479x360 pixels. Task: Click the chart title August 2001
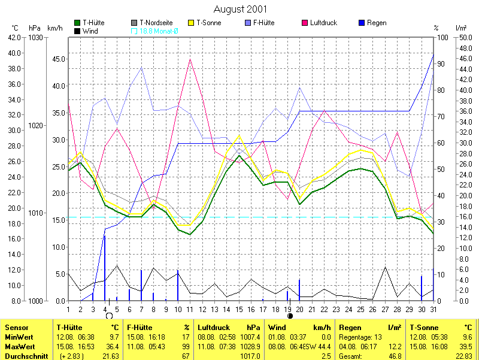tap(240, 9)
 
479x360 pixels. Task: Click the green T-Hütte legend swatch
tap(77, 23)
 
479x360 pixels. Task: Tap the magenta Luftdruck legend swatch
tap(305, 23)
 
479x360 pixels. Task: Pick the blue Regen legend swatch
tap(362, 23)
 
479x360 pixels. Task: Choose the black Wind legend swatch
tap(77, 31)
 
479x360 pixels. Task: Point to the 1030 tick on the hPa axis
tap(35, 37)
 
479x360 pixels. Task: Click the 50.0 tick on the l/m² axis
tap(465, 37)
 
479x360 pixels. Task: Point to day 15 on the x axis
tap(239, 309)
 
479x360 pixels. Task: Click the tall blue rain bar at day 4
tap(105, 267)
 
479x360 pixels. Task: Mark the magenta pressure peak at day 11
tap(190, 59)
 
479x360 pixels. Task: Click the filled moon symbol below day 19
tap(290, 316)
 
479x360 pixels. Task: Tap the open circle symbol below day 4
tap(108, 316)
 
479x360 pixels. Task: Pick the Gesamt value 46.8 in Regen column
tap(395, 356)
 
